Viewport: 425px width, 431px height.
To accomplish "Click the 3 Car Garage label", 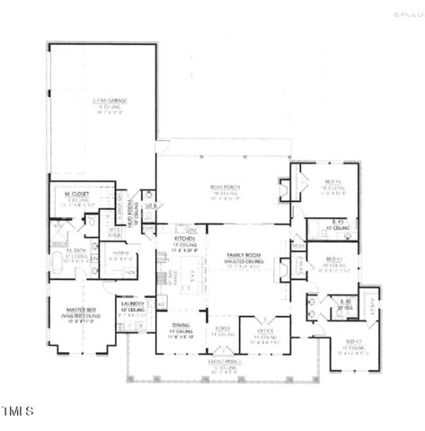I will click(104, 103).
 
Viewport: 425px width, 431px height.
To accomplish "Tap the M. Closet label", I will click(75, 194).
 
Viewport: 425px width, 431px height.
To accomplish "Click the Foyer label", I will click(224, 330).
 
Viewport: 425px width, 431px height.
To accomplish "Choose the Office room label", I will click(265, 330).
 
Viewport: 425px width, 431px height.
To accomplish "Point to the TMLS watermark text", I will click(17, 412).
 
